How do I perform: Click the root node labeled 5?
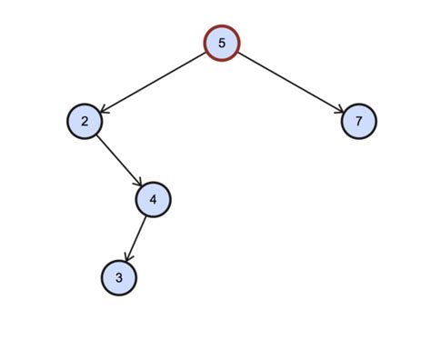[x=221, y=44]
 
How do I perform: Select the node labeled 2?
[x=85, y=121]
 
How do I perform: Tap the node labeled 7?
[x=358, y=121]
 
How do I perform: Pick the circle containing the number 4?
[x=153, y=199]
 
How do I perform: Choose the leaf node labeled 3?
[x=119, y=277]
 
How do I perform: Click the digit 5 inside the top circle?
[x=221, y=44]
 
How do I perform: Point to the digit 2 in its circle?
[x=85, y=121]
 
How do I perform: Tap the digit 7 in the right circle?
[x=358, y=121]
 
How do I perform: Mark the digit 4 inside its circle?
[x=153, y=199]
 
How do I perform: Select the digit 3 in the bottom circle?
[x=119, y=277]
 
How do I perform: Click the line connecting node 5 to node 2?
[x=153, y=82]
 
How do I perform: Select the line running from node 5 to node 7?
[x=290, y=82]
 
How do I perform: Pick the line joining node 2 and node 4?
[x=118, y=160]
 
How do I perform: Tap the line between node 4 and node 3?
[x=136, y=237]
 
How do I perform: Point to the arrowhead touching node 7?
[x=339, y=110]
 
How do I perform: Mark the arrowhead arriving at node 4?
[x=138, y=183]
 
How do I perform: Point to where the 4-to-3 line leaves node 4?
[x=146, y=215]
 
